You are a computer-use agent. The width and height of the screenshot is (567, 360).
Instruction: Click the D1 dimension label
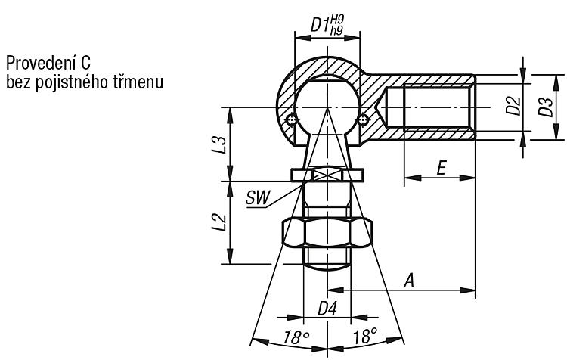click(x=320, y=26)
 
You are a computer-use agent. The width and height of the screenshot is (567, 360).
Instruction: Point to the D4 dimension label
click(x=327, y=309)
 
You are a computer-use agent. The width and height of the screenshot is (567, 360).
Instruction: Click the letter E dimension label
click(x=442, y=168)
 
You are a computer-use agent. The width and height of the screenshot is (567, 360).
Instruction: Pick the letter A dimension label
click(x=409, y=281)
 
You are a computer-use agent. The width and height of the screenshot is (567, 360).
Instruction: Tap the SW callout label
click(x=258, y=198)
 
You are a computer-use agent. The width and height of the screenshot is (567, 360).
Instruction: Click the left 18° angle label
click(x=296, y=337)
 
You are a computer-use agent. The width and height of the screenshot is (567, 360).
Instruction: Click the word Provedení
click(x=42, y=64)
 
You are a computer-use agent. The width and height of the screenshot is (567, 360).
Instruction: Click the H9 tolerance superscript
click(x=338, y=20)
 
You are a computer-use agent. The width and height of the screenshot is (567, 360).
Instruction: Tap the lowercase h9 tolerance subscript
click(x=336, y=30)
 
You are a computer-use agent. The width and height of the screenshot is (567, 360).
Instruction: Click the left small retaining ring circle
click(x=291, y=119)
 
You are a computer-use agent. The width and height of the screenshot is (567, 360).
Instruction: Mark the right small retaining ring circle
click(x=363, y=119)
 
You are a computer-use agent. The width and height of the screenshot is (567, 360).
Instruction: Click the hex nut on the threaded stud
click(x=327, y=233)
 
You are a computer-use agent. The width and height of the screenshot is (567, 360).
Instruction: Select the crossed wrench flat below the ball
click(x=327, y=175)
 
